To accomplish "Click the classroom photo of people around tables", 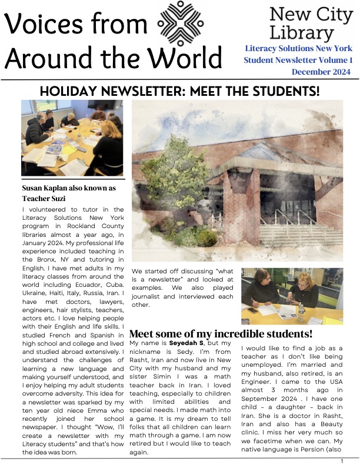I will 72,138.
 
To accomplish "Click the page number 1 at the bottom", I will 342,461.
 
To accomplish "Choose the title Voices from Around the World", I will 112,41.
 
